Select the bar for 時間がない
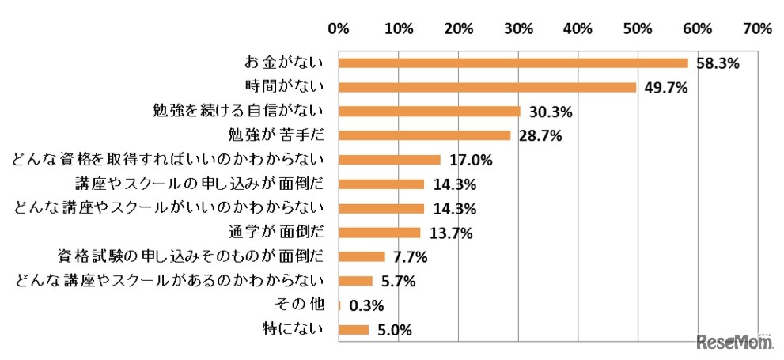(487, 87)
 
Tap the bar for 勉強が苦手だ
(424, 135)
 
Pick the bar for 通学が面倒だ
(379, 233)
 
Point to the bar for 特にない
(354, 329)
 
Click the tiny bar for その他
(339, 305)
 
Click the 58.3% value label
(717, 64)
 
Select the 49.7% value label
(665, 88)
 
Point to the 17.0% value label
(471, 161)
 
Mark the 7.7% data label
(410, 257)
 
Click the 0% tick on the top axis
(338, 29)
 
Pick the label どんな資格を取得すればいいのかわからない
(168, 160)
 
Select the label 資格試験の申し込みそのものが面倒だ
(190, 256)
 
